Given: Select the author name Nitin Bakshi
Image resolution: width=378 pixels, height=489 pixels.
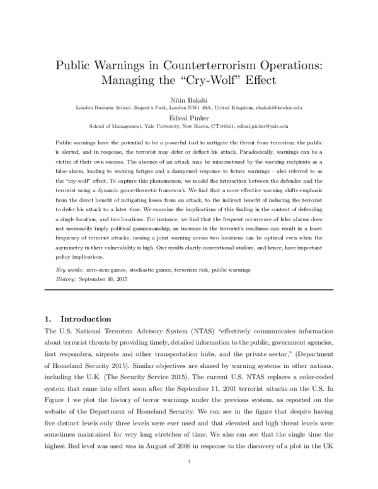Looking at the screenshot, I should (x=189, y=100).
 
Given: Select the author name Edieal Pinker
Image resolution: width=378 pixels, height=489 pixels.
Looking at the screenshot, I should (x=189, y=117).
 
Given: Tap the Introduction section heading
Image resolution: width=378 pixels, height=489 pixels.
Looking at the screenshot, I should (x=84, y=319).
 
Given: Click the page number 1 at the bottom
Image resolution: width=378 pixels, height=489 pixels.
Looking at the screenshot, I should (x=189, y=463).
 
